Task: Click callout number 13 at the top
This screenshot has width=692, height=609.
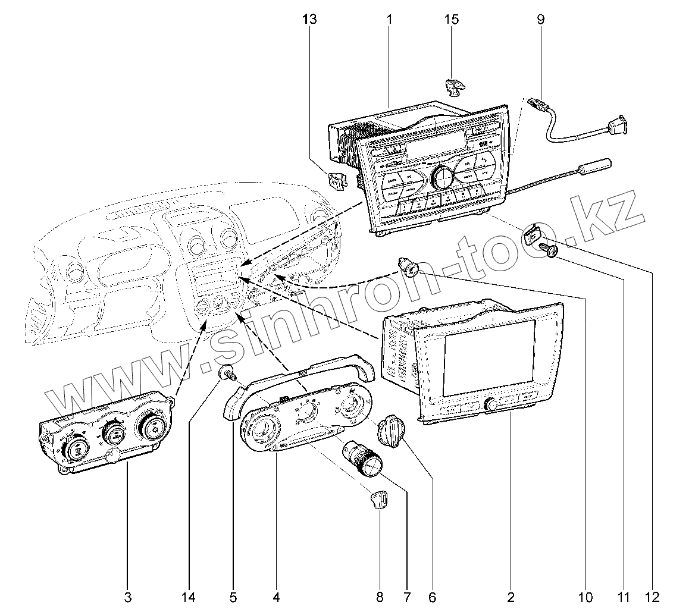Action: [309, 20]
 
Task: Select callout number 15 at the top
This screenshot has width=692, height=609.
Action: [452, 20]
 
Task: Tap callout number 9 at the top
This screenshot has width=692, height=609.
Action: [540, 20]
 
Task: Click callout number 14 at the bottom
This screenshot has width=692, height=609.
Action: [189, 596]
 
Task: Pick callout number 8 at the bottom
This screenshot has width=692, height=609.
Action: [380, 596]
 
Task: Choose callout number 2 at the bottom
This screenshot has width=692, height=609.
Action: [511, 596]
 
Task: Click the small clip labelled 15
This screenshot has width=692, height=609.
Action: [454, 86]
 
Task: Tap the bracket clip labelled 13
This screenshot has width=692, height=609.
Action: [338, 180]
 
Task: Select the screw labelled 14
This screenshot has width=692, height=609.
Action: [227, 374]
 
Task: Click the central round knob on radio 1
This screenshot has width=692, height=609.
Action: [442, 177]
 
